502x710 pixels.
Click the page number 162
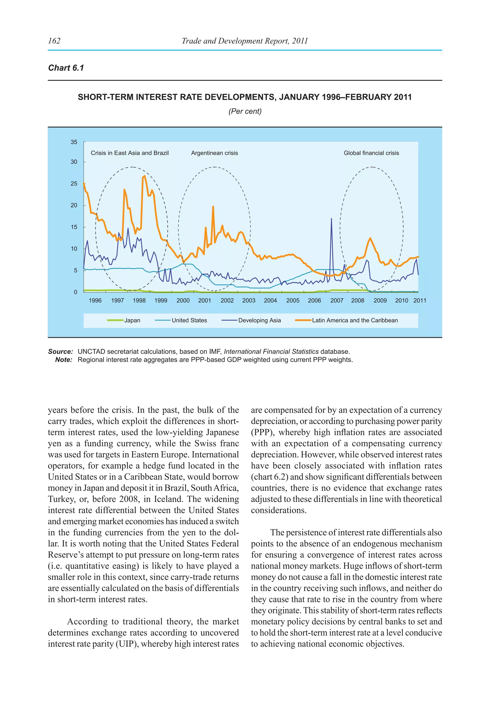54,41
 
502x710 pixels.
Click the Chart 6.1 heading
66,68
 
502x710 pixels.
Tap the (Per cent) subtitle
245,111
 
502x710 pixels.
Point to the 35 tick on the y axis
74,142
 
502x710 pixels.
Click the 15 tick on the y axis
74,227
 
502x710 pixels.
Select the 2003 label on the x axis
249,301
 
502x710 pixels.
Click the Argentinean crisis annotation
214,153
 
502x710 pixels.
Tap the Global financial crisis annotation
371,153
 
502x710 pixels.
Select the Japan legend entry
132,320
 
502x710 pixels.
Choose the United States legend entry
189,320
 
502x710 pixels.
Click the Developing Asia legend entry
259,320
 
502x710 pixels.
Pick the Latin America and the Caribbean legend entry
354,320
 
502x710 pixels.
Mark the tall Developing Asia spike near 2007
331,219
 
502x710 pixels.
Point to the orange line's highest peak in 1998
144,176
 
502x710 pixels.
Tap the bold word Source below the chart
60,352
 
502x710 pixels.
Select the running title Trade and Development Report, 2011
245,41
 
